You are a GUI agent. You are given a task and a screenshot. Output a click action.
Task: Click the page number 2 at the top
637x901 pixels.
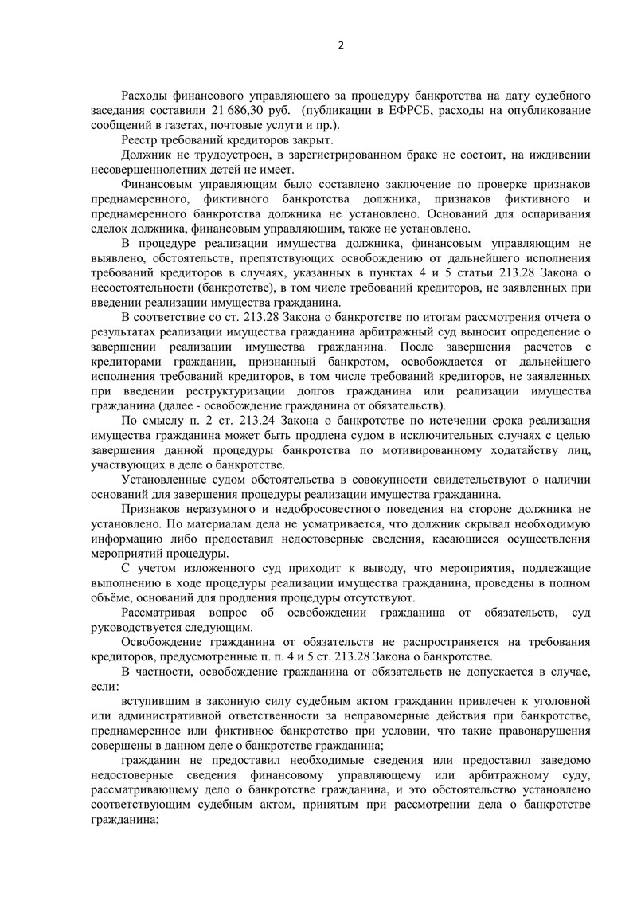[x=341, y=45]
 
